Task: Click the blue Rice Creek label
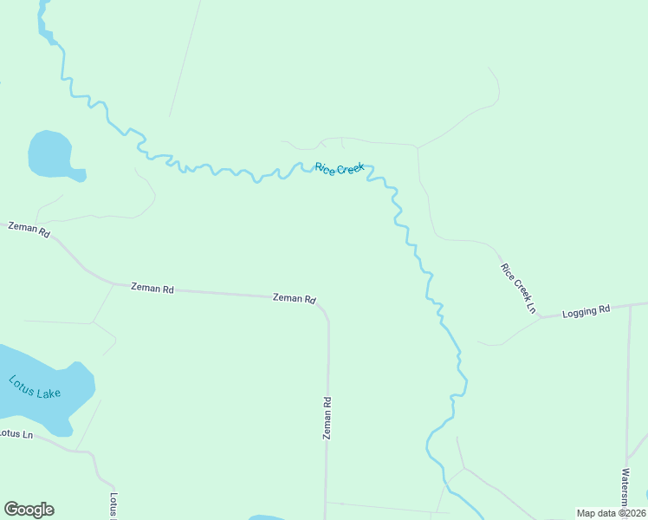point(340,168)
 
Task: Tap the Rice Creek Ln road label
point(519,287)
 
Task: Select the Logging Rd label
point(586,310)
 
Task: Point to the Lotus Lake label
point(35,386)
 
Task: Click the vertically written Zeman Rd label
point(327,418)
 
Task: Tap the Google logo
point(29,510)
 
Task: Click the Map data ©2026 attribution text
point(611,513)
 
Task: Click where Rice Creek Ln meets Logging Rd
point(541,317)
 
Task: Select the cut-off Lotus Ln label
point(16,432)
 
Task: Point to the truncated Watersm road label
point(624,490)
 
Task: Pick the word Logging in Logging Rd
point(580,311)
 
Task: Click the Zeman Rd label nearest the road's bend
point(295,298)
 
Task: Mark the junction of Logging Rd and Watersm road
point(630,306)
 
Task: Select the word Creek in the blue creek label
point(350,169)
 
